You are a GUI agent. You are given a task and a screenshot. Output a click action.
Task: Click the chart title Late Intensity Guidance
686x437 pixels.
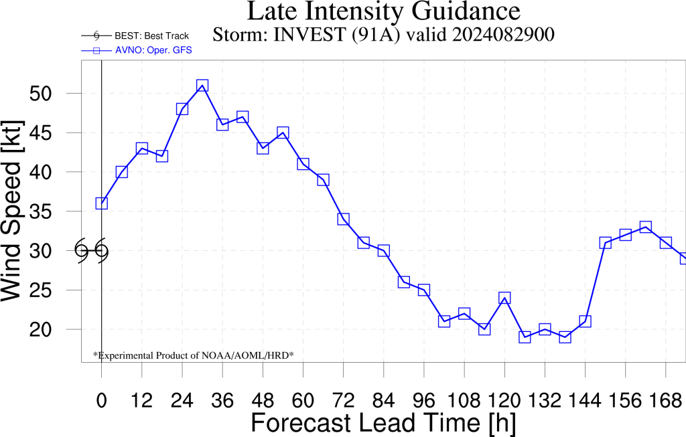[384, 11]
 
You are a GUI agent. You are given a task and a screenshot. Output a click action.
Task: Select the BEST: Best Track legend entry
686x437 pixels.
[135, 36]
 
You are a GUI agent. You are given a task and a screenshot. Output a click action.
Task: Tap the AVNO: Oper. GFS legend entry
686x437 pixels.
[137, 50]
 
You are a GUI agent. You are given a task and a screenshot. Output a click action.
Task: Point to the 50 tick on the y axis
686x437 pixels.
[40, 94]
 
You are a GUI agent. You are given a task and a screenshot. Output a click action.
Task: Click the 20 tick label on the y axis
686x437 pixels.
[40, 329]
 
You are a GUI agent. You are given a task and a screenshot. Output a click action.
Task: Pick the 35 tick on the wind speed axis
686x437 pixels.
[40, 211]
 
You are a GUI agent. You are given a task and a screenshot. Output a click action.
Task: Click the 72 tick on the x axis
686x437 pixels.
[344, 400]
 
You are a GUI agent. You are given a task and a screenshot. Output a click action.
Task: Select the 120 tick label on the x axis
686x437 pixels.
[504, 400]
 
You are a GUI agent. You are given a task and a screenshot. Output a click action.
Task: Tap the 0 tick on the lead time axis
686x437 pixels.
[102, 400]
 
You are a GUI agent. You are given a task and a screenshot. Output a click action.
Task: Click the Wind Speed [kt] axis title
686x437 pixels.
[12, 211]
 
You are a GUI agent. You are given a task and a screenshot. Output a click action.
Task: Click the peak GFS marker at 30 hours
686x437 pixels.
[202, 85]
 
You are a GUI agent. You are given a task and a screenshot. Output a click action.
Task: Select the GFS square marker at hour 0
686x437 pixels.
[102, 203]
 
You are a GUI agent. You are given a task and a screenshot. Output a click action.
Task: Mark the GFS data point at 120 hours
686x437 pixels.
[504, 298]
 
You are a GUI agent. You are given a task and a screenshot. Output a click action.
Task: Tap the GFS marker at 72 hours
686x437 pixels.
[344, 219]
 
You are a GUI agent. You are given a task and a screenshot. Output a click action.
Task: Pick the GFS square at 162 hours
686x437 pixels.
[646, 227]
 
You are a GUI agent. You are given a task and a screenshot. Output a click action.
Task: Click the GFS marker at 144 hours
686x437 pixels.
[586, 321]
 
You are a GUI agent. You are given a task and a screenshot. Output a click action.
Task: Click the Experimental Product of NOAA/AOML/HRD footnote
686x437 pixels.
[194, 355]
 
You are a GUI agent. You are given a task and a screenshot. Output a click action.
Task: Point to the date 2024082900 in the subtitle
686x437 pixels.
[504, 35]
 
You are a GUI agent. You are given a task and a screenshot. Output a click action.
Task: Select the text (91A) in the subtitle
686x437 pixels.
[376, 35]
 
